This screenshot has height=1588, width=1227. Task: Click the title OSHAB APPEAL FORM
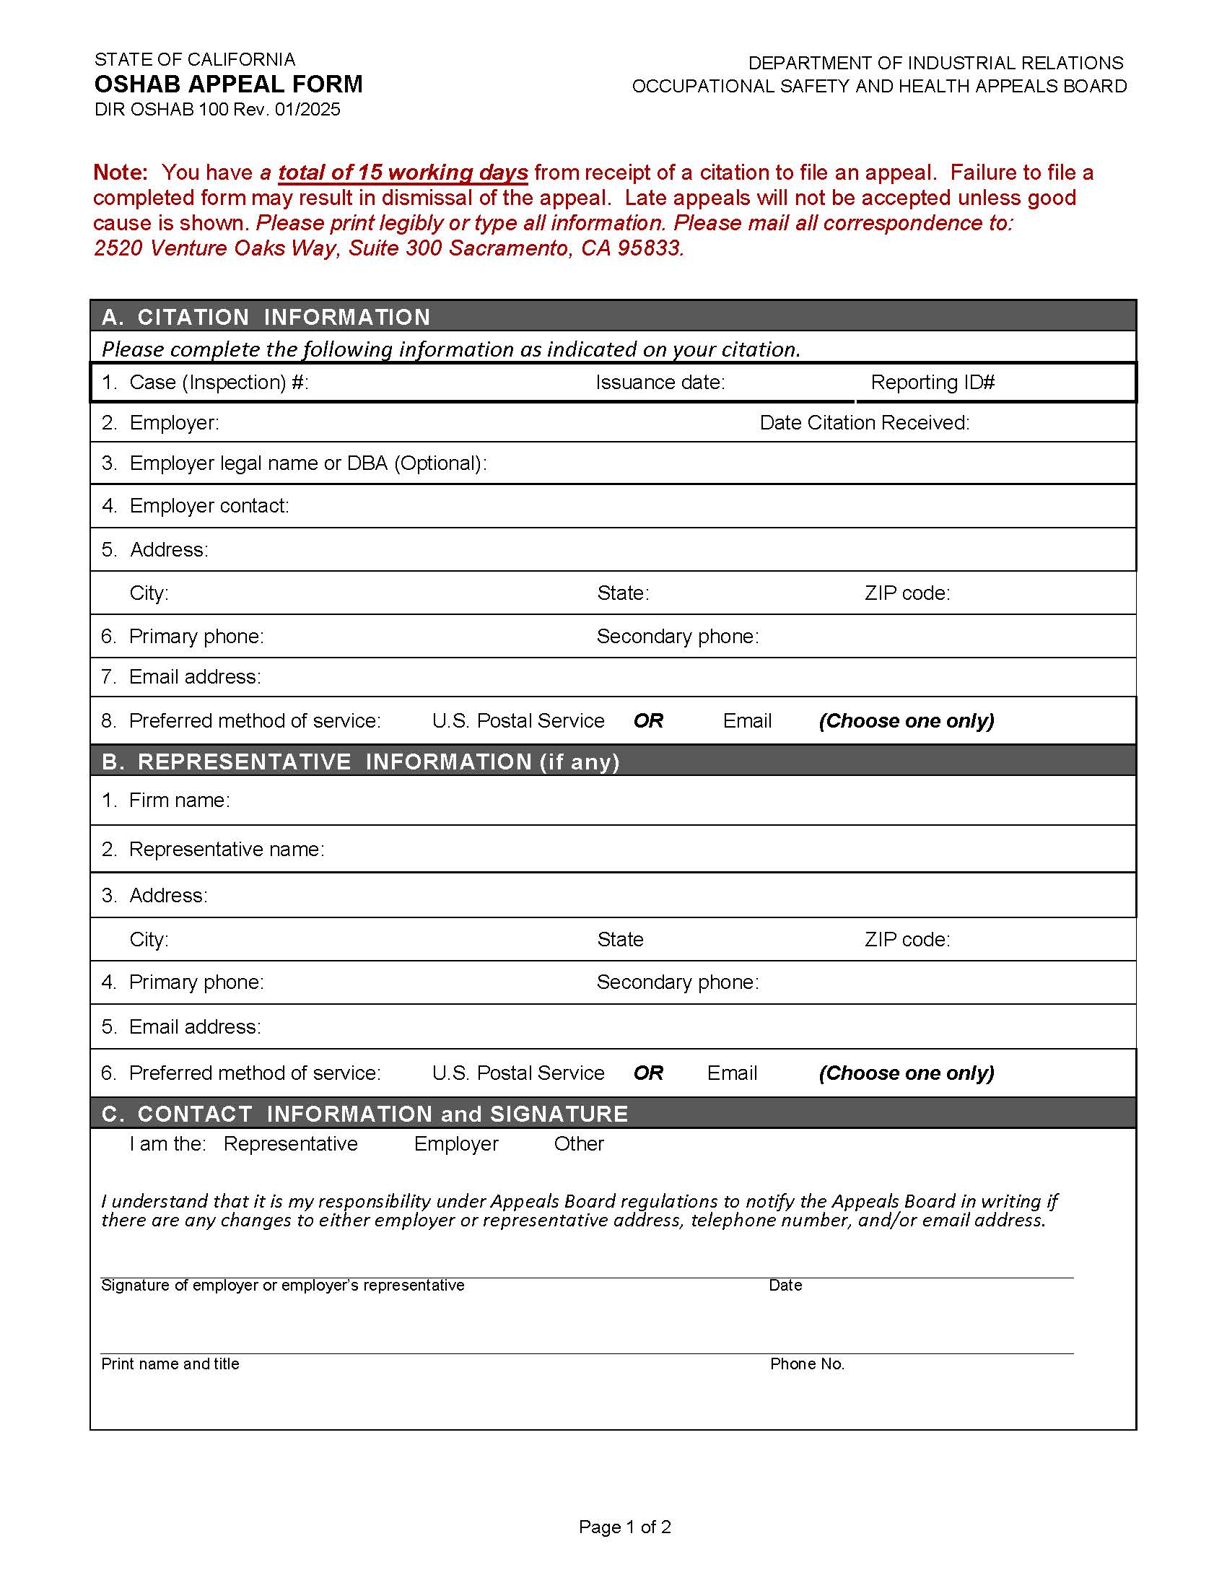[228, 84]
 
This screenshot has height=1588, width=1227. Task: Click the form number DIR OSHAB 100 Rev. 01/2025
[217, 110]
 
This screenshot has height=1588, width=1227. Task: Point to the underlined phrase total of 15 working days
[403, 173]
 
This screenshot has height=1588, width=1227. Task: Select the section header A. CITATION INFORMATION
[266, 317]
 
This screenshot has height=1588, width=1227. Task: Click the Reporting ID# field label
[932, 383]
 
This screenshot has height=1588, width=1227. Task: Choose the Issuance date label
[660, 383]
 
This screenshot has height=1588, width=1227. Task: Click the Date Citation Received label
[864, 423]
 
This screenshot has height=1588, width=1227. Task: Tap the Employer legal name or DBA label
[307, 463]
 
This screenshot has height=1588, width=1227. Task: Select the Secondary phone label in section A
[678, 637]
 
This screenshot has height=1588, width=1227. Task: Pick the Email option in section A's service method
[746, 721]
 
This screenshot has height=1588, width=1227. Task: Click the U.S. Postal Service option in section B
[518, 1073]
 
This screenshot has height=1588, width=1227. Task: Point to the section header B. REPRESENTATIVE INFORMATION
[360, 762]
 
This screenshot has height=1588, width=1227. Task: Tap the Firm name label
[179, 800]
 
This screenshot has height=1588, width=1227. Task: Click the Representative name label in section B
[226, 850]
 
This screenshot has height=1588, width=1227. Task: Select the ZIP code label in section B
[907, 940]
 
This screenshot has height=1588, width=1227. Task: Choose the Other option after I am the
[579, 1145]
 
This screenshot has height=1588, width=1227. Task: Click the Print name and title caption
[170, 1364]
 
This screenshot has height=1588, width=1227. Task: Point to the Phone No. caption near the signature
[807, 1364]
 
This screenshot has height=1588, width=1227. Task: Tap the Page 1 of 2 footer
[624, 1527]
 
